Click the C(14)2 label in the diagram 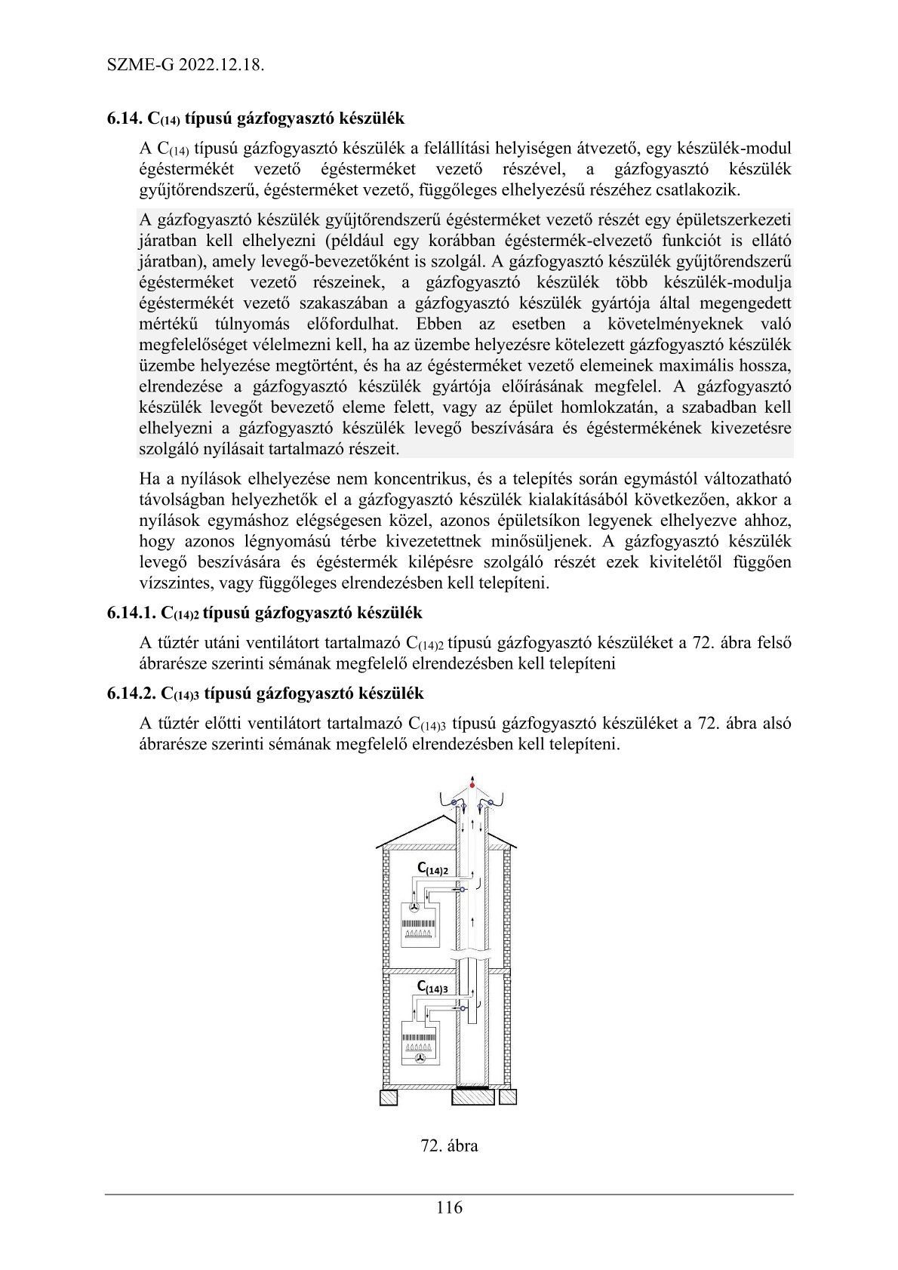pos(433,869)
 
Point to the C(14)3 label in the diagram pos(432,988)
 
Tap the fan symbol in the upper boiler pos(414,910)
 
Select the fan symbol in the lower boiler pos(420,1059)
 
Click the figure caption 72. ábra pos(449,1145)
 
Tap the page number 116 pos(449,1207)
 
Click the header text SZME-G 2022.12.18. pos(186,65)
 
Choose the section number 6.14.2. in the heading pos(132,693)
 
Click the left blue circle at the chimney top pos(454,801)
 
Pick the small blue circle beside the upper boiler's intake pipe pos(462,890)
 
